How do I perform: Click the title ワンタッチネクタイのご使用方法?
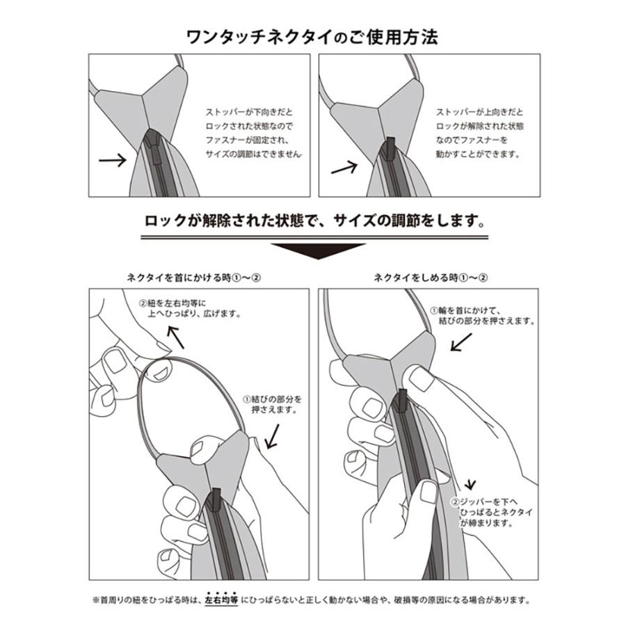point(312,36)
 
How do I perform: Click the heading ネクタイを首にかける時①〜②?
point(194,276)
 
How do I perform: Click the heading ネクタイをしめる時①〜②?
point(431,276)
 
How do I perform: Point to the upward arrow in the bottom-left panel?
point(177,338)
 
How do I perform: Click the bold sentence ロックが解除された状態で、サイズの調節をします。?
point(312,221)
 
